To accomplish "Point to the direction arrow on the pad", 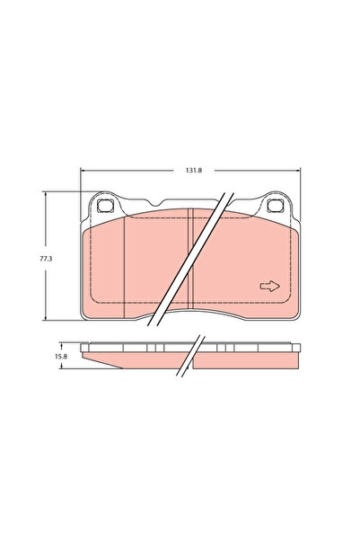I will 268,286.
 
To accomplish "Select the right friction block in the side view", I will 247,359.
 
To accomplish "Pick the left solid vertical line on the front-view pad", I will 123,270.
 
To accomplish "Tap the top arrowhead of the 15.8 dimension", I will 62,343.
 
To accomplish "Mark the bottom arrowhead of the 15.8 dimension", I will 62,368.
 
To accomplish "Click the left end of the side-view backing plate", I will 83,347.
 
